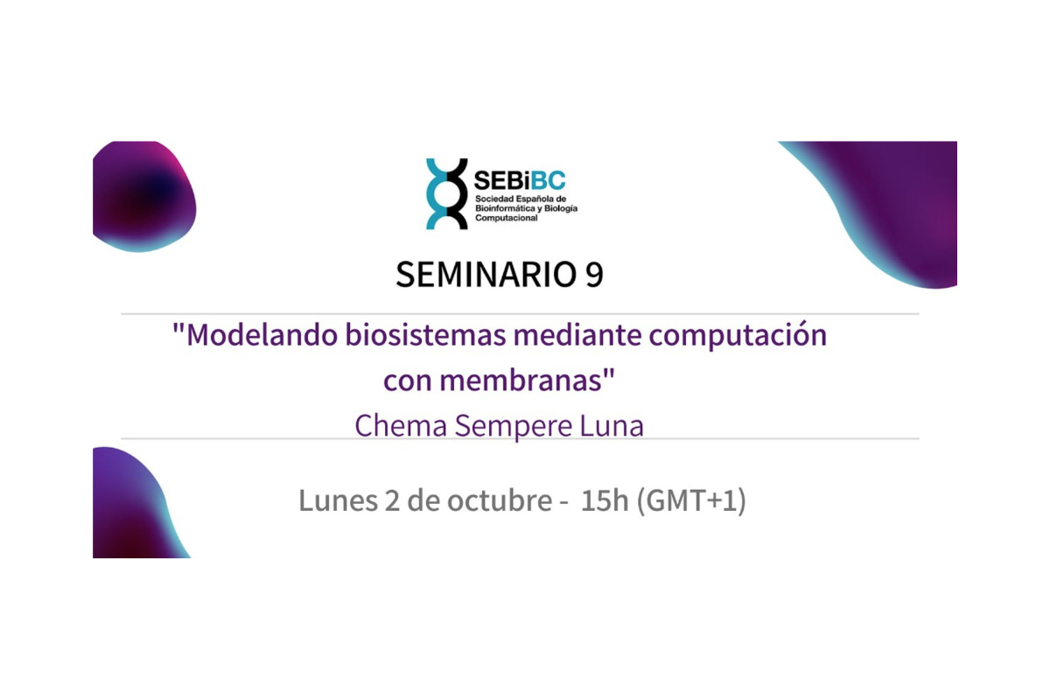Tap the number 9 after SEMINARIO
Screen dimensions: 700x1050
click(x=593, y=275)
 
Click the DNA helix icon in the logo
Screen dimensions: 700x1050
click(x=446, y=194)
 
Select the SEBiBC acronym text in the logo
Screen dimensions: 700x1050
click(x=519, y=181)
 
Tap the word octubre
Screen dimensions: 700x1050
click(x=497, y=501)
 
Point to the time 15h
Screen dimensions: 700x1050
click(x=604, y=501)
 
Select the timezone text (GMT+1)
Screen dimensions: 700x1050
click(x=692, y=501)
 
